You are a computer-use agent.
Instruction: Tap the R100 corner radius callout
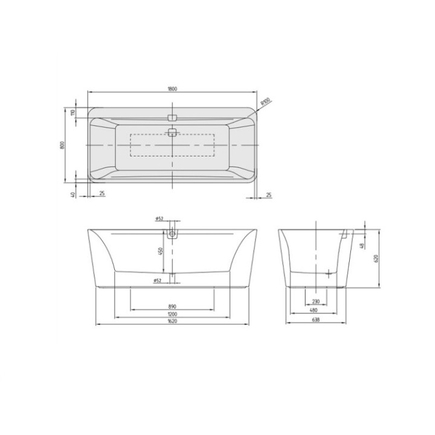265,103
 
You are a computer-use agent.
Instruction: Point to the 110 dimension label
72,113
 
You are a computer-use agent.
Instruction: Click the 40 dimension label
72,194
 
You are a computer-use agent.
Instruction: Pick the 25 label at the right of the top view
268,194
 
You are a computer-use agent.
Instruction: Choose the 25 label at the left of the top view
101,194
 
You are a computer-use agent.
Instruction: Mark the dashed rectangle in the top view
172,144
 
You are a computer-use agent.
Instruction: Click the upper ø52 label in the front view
160,218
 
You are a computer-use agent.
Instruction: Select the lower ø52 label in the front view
156,280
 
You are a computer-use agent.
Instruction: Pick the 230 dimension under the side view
316,301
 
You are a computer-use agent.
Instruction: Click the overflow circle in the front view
174,233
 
